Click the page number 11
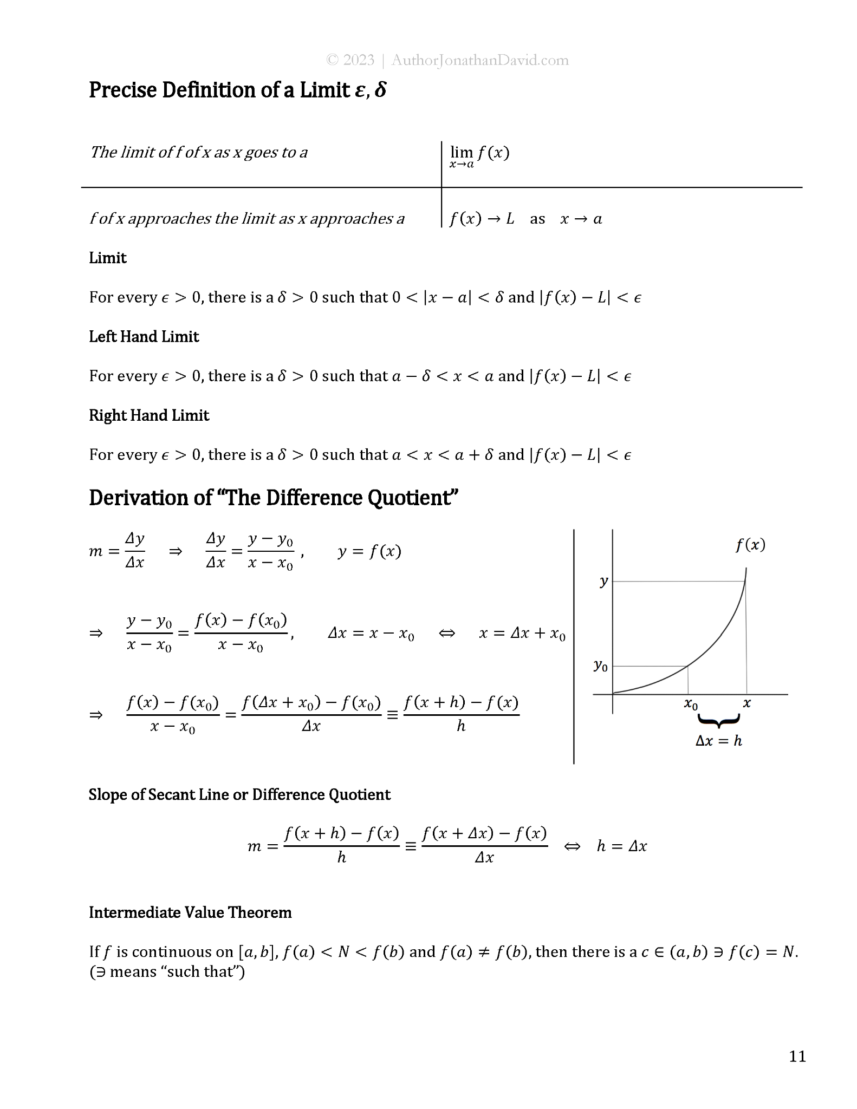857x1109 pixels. point(797,1056)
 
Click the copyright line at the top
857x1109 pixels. point(447,60)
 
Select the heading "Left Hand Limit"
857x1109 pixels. point(144,337)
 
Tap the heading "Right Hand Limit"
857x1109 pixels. point(149,415)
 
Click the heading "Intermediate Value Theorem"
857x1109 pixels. point(190,912)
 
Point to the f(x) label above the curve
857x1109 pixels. point(750,545)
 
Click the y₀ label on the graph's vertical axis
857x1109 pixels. point(600,666)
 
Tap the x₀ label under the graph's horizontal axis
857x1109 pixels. point(691,704)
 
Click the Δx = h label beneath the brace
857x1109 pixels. point(718,741)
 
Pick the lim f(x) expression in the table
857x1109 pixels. point(479,155)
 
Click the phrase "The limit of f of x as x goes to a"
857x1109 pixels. point(199,153)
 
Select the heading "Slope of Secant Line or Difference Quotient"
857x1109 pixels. point(239,794)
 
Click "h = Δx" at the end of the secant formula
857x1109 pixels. point(621,846)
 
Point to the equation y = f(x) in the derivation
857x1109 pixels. point(369,552)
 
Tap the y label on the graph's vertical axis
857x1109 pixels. point(603,582)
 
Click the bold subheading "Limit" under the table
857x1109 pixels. point(108,258)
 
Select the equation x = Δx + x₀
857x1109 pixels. point(522,634)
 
